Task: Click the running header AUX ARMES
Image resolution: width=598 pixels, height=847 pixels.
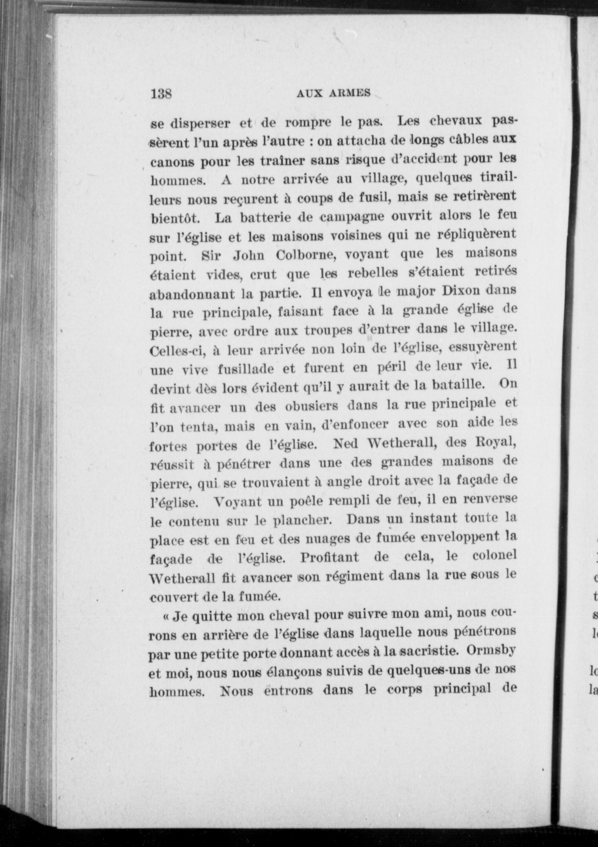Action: [x=333, y=93]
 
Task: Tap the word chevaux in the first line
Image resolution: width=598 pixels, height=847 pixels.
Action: [x=455, y=121]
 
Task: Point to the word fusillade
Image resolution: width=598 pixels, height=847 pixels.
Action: [x=246, y=369]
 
